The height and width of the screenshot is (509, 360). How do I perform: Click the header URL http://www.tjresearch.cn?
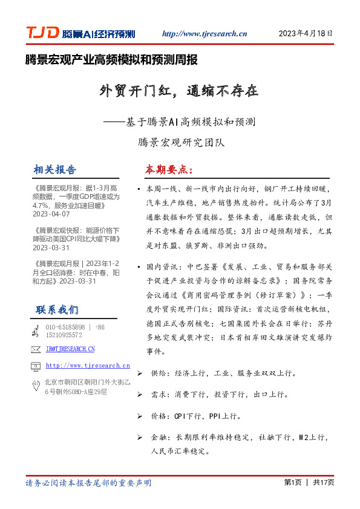205,34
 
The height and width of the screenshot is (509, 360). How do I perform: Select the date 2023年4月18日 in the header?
306,34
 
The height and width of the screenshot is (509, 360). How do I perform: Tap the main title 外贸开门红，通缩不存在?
179,91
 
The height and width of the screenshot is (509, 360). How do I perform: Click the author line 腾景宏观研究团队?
181,143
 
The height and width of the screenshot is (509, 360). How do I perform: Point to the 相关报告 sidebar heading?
56,169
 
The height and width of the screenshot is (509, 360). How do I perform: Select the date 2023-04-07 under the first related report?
51,214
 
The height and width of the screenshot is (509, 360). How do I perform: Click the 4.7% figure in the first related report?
42,206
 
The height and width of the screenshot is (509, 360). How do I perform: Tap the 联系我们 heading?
57,310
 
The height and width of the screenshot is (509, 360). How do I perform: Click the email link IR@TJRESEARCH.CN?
70,349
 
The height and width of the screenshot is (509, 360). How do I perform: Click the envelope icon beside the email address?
36,349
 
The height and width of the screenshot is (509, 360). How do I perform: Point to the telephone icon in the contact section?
36,331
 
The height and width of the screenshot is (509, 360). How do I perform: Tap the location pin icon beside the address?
36,387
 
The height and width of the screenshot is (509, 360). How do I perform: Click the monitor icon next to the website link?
36,366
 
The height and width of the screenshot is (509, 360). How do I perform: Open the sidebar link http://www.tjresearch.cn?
88,366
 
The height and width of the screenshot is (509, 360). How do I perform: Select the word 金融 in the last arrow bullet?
159,437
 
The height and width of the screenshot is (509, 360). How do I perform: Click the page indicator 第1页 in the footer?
293,483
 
